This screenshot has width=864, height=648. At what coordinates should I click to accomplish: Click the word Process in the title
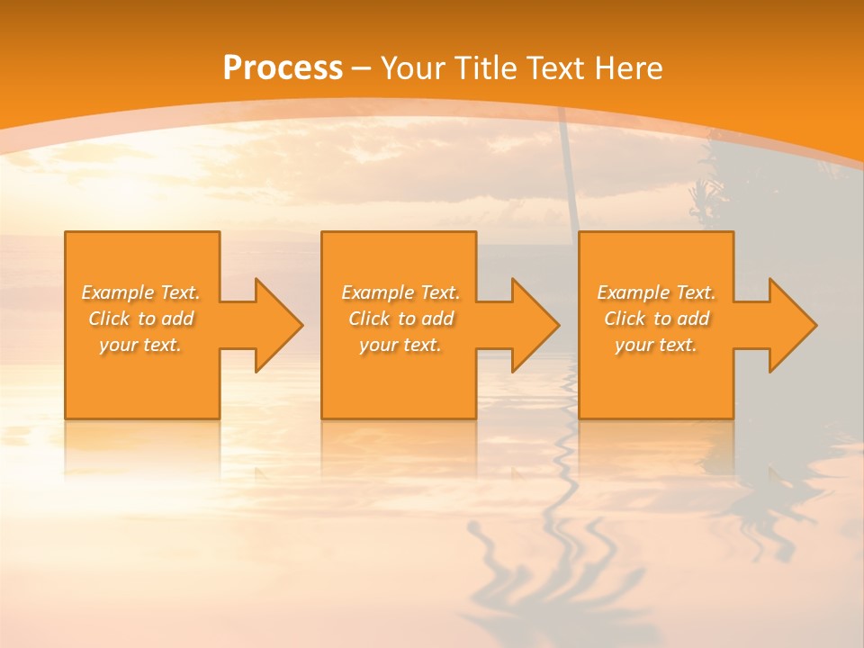click(283, 68)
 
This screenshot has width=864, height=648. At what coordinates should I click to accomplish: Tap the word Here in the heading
click(630, 68)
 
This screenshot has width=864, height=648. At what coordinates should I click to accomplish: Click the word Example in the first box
click(117, 292)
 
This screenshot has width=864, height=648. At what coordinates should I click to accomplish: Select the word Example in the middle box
click(377, 292)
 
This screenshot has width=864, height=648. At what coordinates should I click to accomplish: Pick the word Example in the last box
click(633, 292)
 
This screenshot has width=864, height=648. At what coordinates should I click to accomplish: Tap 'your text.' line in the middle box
click(400, 345)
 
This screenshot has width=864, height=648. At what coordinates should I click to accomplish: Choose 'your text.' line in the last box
click(655, 345)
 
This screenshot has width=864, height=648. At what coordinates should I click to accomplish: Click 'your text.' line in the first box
click(140, 345)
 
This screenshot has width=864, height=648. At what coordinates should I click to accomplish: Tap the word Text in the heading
click(553, 68)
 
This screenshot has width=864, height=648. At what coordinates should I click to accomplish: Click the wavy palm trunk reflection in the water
click(567, 504)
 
